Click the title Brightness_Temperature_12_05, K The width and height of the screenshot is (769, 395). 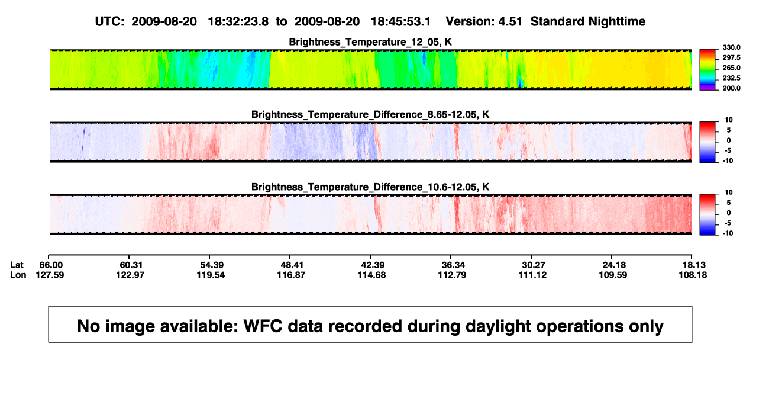[x=370, y=42]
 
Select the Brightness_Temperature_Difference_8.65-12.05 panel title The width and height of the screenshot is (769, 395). [x=370, y=114]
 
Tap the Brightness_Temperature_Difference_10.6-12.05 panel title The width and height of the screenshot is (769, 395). [x=370, y=187]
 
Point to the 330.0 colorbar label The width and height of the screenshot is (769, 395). [x=731, y=47]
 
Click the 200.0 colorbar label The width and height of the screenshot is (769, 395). [x=731, y=88]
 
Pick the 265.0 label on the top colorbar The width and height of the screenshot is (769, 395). [x=731, y=68]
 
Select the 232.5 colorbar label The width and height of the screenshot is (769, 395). [x=731, y=78]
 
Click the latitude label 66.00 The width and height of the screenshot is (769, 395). [x=51, y=265]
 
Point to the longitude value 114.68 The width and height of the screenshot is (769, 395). [x=371, y=275]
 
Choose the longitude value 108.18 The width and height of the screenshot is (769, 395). [x=693, y=275]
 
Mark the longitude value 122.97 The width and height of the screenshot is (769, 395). [x=130, y=275]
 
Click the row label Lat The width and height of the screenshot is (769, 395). [x=17, y=265]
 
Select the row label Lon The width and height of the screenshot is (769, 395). [x=18, y=275]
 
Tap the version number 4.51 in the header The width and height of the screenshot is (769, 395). [x=510, y=22]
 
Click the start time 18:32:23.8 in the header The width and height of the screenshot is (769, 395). [x=238, y=22]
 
